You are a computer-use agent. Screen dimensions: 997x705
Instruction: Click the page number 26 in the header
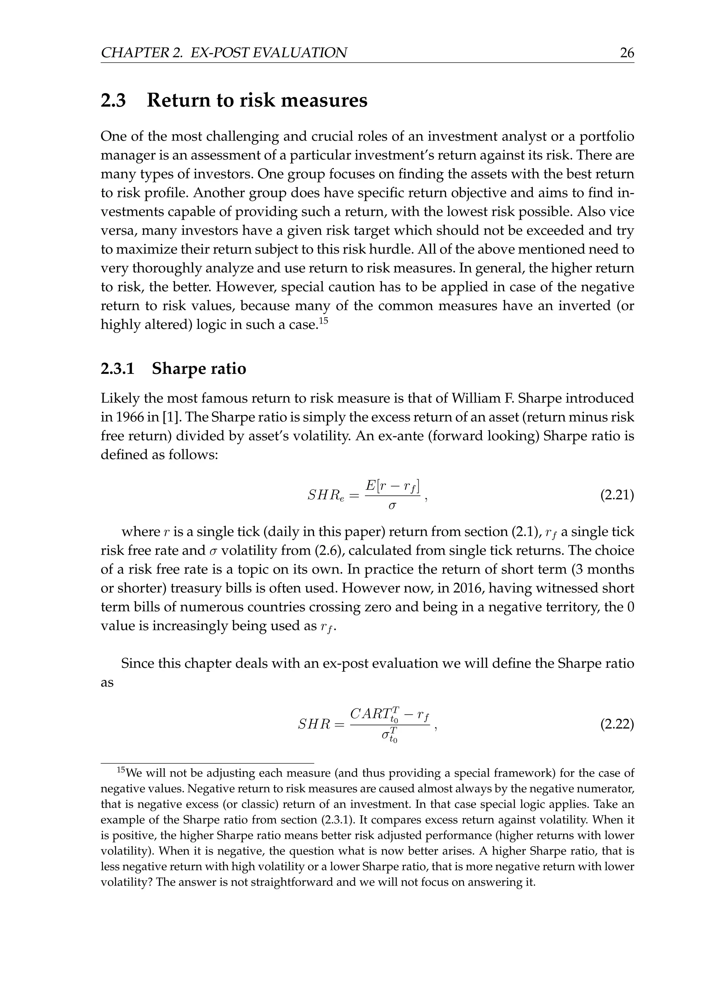point(627,53)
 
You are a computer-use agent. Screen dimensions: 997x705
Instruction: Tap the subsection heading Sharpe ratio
point(199,369)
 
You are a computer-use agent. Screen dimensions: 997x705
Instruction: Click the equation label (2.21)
point(617,495)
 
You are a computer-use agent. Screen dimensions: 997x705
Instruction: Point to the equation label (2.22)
point(617,724)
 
